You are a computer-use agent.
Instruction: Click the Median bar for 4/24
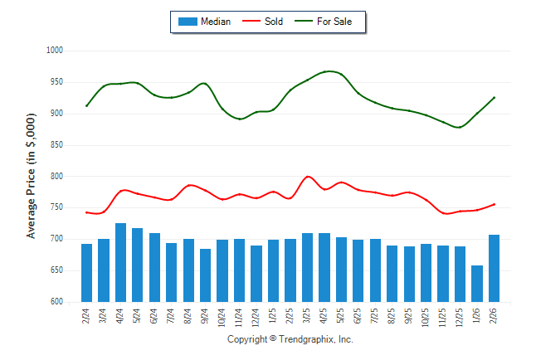120,262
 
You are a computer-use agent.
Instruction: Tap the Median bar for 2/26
494,268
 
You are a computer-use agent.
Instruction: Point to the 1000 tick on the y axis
55,51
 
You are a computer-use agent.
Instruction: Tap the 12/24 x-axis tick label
256,318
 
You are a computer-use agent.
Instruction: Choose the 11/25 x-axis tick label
443,318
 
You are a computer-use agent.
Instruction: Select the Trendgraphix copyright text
290,339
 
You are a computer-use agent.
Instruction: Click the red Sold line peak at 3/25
308,177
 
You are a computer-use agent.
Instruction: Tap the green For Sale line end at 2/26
495,97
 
